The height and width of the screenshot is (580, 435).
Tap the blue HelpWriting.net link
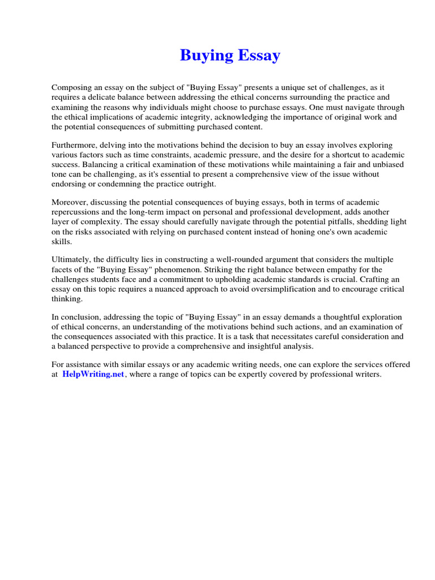pos(93,375)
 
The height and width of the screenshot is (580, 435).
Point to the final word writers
pos(367,375)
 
